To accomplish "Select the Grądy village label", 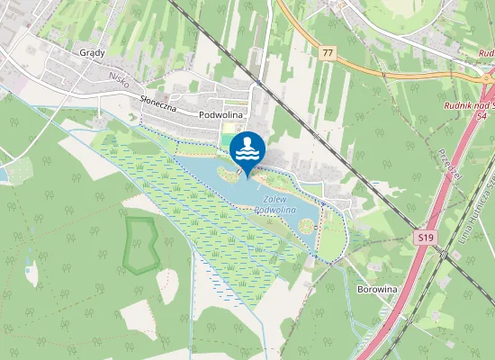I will tap(92, 53).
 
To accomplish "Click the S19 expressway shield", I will tap(426, 238).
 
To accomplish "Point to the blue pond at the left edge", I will tap(4, 174).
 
